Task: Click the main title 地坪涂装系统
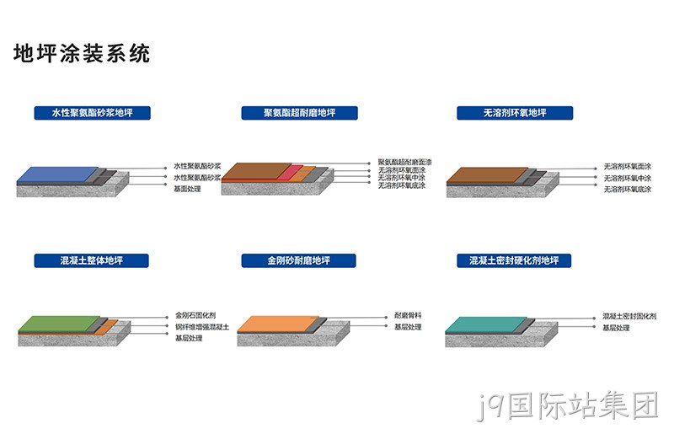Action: [x=82, y=54]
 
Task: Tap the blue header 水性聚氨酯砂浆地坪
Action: [x=93, y=113]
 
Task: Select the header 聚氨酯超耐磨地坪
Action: [x=300, y=113]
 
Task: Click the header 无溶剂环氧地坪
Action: [x=515, y=113]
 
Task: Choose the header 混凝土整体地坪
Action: [x=92, y=260]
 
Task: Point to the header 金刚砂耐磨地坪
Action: [x=299, y=260]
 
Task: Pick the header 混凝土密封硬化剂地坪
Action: [x=514, y=260]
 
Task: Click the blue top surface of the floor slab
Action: [x=57, y=174]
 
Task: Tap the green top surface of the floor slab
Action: [x=59, y=324]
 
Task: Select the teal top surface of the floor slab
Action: [x=486, y=324]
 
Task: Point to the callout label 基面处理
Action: [x=187, y=189]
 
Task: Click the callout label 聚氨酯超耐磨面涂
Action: [x=405, y=162]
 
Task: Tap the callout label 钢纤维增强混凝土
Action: [x=202, y=327]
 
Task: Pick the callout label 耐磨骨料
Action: [x=408, y=315]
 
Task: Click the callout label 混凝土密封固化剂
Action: [x=629, y=316]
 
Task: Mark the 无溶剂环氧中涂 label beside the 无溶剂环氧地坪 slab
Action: [x=628, y=178]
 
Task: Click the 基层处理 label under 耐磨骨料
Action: [x=408, y=327]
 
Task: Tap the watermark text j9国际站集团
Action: [x=567, y=405]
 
